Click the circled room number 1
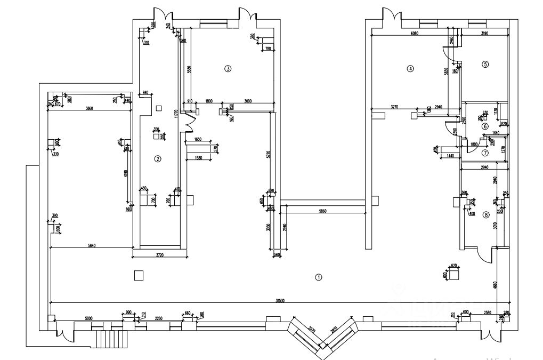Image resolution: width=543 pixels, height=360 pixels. (x=318, y=277)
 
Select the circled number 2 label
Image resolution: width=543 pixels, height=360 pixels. (x=157, y=158)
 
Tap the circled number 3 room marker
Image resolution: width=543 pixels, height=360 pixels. (x=228, y=68)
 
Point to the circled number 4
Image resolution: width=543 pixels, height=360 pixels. (x=410, y=68)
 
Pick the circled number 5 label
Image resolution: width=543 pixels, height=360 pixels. (x=485, y=64)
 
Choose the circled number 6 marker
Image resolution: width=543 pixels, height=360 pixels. (x=485, y=126)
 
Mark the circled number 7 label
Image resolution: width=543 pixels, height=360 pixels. (x=485, y=153)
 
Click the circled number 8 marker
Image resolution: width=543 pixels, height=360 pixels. (x=485, y=215)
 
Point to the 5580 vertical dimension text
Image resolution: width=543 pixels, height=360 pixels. (x=189, y=69)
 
